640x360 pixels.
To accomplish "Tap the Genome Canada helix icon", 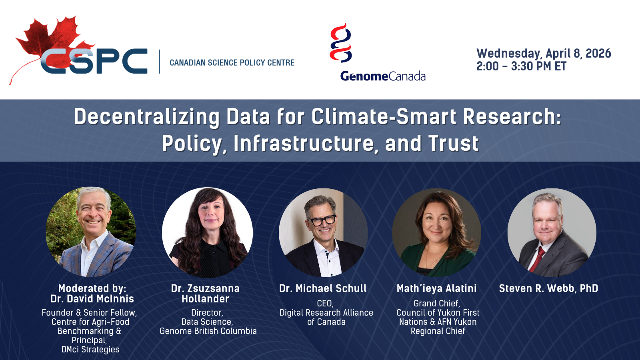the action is point(340,43).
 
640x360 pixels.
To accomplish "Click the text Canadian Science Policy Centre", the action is point(232,62).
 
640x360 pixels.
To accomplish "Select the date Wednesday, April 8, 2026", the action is point(544,54).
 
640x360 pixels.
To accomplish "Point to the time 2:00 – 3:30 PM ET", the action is point(522,66).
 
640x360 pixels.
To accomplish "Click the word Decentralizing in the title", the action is point(146,117).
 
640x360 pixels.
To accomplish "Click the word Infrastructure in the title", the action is point(304,143).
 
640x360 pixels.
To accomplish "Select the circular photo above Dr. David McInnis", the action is point(91,232).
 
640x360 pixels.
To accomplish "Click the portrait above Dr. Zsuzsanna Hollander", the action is point(208,232).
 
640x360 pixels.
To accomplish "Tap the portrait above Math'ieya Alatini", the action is point(436,232).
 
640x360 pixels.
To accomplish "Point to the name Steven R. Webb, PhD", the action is point(548,288).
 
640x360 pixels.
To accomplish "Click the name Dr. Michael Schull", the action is point(323,288).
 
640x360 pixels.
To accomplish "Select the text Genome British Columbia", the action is point(208,331).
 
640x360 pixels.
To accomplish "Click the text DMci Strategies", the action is point(90,350).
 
